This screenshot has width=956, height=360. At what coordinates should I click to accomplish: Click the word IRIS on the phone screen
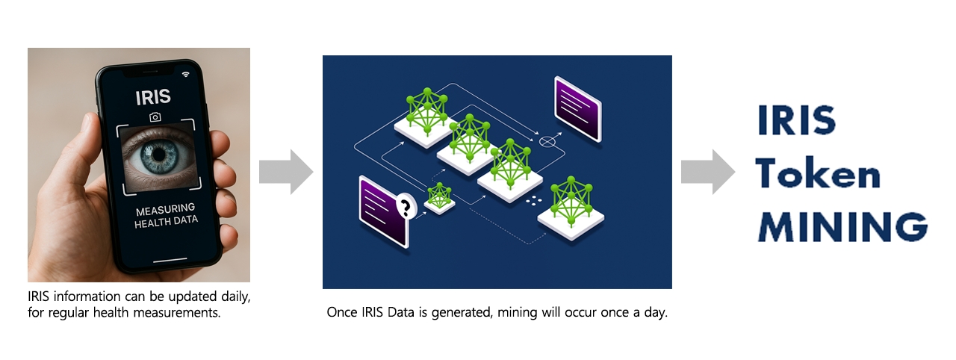point(153,96)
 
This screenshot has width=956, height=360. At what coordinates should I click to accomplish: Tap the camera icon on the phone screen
point(155,117)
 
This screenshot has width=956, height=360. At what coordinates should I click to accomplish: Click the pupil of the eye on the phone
point(158,153)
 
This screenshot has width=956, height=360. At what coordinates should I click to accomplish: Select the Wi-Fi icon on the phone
point(186,74)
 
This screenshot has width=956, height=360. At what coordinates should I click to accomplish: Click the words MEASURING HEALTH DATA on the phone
point(165,215)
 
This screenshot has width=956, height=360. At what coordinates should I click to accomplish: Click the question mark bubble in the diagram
point(406,205)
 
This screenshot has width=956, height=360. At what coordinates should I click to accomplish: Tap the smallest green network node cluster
point(440,196)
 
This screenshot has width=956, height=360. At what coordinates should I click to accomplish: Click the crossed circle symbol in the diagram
point(548,140)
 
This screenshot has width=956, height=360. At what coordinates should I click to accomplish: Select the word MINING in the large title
point(842,226)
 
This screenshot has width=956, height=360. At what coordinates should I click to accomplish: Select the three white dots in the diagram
point(533,200)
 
